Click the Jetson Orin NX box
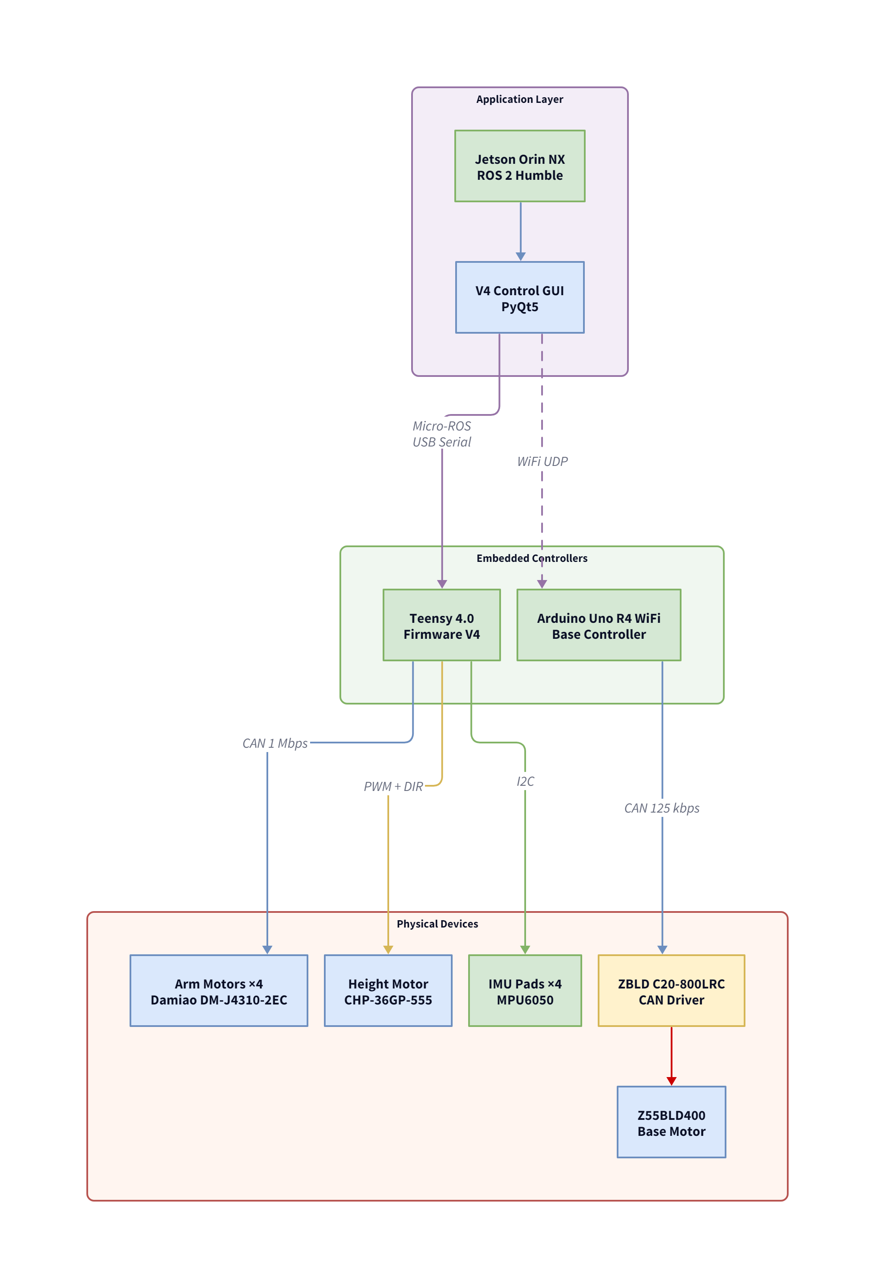520,166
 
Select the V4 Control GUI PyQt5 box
520,298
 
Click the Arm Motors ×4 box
219,991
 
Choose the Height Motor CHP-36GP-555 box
388,991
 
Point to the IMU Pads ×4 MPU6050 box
524,991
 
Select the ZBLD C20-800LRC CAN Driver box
671,991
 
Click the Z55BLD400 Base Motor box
671,1122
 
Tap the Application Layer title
520,99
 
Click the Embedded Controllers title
532,558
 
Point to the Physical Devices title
437,924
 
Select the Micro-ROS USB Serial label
441,434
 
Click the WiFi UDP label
542,461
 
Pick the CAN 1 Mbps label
275,743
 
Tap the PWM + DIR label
393,787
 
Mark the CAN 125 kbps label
661,808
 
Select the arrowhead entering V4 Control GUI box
520,257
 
